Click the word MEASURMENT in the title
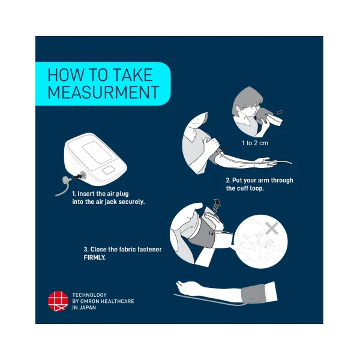tap(103, 92)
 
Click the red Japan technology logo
tap(58, 301)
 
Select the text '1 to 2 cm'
tap(254, 143)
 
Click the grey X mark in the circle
tap(272, 228)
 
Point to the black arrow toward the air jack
tap(77, 176)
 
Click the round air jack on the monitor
tap(83, 176)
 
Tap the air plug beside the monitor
tap(67, 179)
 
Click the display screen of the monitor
tap(97, 152)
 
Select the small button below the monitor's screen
tap(109, 170)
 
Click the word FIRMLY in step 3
tap(95, 257)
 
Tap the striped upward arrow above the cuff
tap(216, 205)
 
